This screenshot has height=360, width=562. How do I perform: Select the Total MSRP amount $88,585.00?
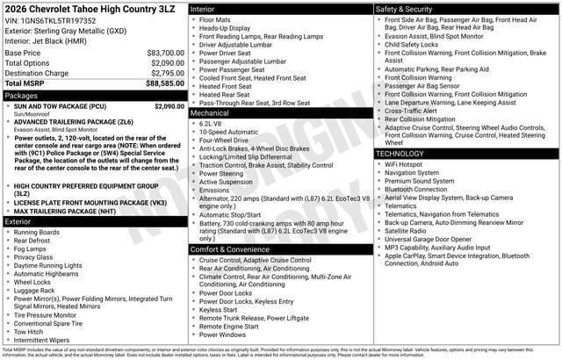pos(165,83)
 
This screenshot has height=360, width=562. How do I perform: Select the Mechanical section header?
pos(210,112)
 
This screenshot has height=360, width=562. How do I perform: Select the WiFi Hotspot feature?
pos(403,164)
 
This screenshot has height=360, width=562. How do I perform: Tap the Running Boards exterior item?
pos(37,233)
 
